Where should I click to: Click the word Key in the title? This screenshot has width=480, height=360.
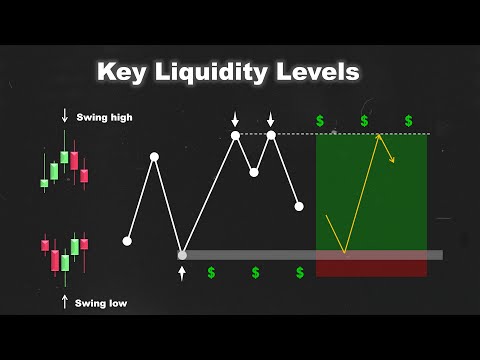point(122,72)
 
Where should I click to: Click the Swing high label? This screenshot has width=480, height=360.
point(104,117)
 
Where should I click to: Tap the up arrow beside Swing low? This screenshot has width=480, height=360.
point(65,300)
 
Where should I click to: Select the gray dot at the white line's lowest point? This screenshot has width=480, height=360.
point(182,255)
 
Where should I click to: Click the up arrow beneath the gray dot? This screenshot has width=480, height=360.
point(182,273)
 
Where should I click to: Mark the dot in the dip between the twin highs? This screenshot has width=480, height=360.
point(254,172)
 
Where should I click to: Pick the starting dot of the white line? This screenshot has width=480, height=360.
point(127,240)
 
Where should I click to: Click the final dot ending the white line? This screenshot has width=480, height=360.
point(299,207)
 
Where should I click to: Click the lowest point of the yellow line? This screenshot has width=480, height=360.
point(344,252)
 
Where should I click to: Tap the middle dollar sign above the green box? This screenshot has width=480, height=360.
point(364,121)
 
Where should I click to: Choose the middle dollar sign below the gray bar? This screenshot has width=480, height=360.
point(255,272)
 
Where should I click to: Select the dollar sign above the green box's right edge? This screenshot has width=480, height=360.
point(409,121)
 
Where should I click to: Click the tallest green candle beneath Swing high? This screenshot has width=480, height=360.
point(64,157)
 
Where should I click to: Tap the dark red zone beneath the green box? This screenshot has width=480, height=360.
point(371,268)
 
